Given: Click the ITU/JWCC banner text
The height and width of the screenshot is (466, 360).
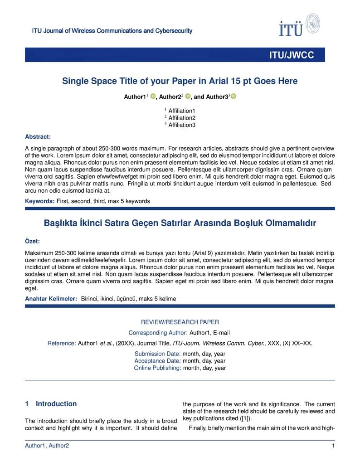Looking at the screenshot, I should tap(291, 55).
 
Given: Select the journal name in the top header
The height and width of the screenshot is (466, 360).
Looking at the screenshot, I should tap(112, 31).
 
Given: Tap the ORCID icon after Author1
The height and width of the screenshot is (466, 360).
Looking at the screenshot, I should tap(153, 97).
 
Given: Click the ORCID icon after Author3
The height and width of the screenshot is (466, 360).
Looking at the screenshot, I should tap(234, 97).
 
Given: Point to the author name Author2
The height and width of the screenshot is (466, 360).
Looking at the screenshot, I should tap(170, 97).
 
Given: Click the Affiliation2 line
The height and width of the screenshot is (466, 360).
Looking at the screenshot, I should tap(181, 118).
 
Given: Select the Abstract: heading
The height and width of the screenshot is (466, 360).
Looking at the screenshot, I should tap(38, 136).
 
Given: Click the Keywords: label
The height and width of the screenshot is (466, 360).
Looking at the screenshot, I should tap(39, 201).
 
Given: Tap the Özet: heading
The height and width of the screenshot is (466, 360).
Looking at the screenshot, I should tap(32, 242).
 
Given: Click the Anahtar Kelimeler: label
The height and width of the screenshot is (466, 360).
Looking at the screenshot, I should tap(51, 299).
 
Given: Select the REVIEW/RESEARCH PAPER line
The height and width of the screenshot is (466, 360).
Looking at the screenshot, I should tap(180, 322).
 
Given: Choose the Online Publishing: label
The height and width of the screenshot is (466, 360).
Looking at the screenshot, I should tap(157, 368).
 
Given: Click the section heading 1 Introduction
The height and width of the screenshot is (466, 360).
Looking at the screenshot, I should tap(51, 404).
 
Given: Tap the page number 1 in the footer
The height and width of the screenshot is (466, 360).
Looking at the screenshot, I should tap(333, 446).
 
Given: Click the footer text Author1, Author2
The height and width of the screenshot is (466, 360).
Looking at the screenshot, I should tap(47, 446).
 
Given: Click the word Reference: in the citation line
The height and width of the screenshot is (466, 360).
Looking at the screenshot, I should tap(61, 343).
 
